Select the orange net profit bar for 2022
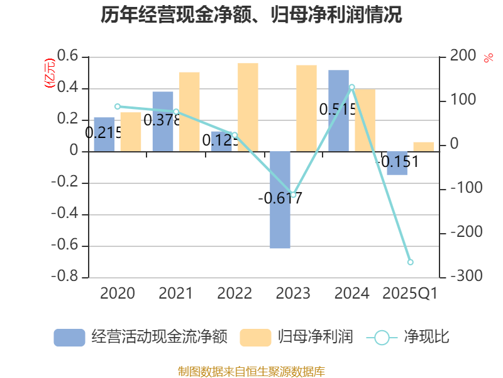pos(248,107)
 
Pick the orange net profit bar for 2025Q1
pos(424,146)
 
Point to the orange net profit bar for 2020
pos(131,132)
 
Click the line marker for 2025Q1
pos(411,262)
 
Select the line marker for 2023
pos(293,195)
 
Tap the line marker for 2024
pos(352,87)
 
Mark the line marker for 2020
pos(118,106)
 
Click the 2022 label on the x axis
pos(235,294)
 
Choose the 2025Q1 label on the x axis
pos(410,294)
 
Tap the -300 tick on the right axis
pos(463,277)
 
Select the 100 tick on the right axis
pos(463,101)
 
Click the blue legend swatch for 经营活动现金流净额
pos(69,337)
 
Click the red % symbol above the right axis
pos(488,58)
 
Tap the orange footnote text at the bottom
pos(251,371)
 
